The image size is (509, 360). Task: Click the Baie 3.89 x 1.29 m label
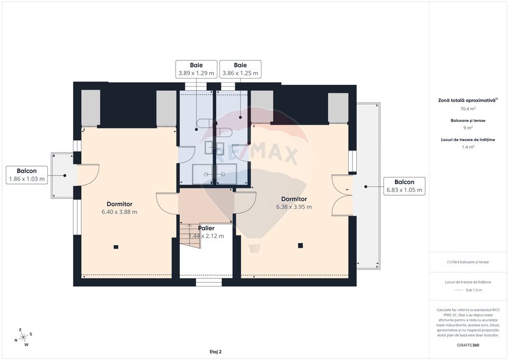pyautogui.click(x=196, y=69)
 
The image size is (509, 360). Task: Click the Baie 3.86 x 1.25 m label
pyautogui.click(x=240, y=69)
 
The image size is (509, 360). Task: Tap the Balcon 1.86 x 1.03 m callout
pyautogui.click(x=27, y=175)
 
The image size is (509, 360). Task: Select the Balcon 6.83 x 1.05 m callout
pyautogui.click(x=405, y=186)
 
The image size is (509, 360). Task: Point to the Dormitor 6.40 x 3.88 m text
pyautogui.click(x=119, y=208)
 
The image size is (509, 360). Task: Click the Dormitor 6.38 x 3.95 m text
pyautogui.click(x=294, y=203)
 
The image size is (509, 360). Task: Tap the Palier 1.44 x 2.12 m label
pyautogui.click(x=206, y=232)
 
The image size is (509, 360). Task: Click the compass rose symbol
pyautogui.click(x=23, y=337)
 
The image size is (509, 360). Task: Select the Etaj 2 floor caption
pyautogui.click(x=215, y=351)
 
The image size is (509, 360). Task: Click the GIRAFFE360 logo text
pyautogui.click(x=468, y=345)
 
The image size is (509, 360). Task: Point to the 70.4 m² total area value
pyautogui.click(x=468, y=109)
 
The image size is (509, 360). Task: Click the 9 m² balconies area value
pyautogui.click(x=468, y=128)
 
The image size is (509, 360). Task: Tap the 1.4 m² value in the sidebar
pyautogui.click(x=468, y=147)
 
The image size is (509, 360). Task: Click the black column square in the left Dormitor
pyautogui.click(x=116, y=247)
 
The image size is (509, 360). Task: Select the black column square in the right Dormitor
pyautogui.click(x=300, y=245)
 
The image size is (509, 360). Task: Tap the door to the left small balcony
pyautogui.click(x=88, y=175)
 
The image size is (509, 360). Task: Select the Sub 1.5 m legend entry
pyautogui.click(x=468, y=290)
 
